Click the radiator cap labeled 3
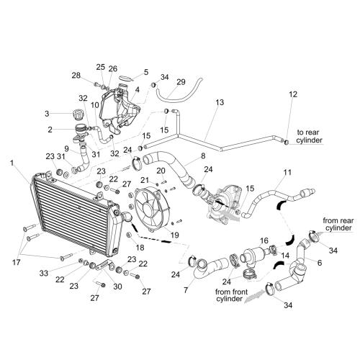click(77, 114)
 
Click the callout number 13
click(220, 102)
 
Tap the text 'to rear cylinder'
click(309, 136)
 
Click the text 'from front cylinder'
click(231, 295)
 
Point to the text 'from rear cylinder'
click(338, 224)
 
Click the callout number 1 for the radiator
click(12, 163)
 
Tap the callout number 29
click(181, 82)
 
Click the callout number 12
click(293, 94)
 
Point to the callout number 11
click(287, 172)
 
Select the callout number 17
click(17, 262)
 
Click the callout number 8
click(203, 156)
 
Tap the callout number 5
click(146, 72)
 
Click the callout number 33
click(44, 273)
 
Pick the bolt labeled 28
click(97, 84)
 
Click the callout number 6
click(320, 263)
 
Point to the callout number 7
click(186, 290)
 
